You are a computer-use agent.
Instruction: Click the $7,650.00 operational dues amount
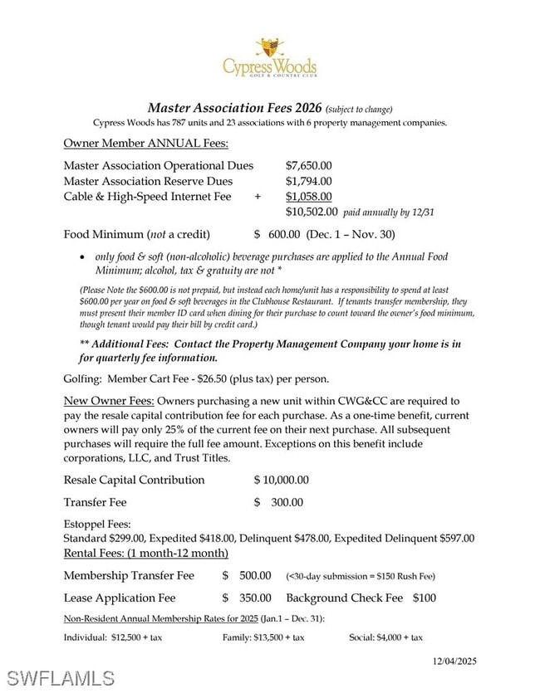308,166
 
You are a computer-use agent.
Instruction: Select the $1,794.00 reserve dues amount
308,181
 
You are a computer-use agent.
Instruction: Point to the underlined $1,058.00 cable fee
308,197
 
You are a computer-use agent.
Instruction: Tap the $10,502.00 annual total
312,212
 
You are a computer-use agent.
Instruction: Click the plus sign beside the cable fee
258,197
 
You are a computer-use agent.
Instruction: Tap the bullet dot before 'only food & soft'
81,257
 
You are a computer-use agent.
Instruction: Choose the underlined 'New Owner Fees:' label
109,401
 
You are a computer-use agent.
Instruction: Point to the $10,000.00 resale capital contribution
281,480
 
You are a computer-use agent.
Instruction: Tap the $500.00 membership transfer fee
254,575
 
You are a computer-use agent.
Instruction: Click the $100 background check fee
424,598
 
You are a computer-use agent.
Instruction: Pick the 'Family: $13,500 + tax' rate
263,637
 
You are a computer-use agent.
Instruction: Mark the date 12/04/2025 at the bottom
454,661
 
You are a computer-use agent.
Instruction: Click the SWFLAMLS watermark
60,677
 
